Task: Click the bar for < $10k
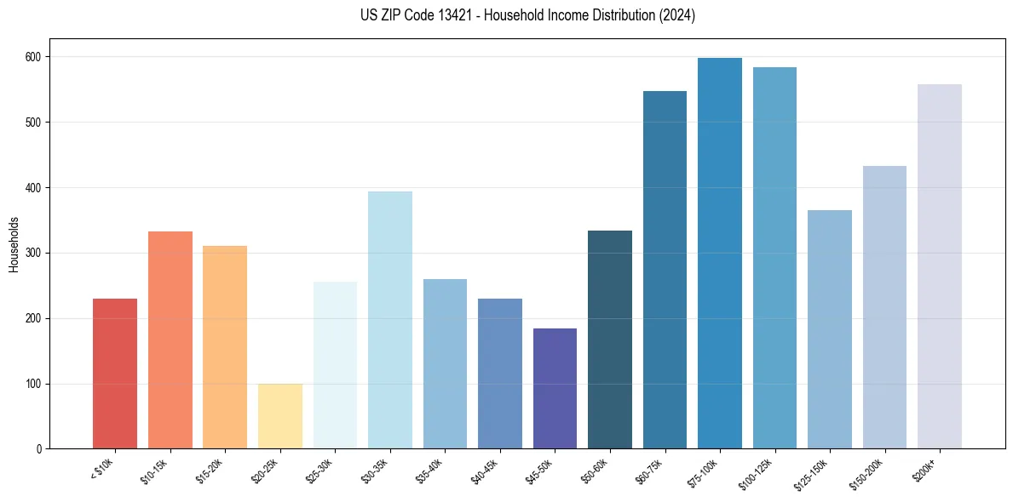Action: [x=115, y=374]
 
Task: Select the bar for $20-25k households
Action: [x=280, y=416]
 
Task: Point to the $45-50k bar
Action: [x=555, y=388]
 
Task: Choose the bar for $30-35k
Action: [x=390, y=320]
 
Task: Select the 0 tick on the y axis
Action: [x=39, y=449]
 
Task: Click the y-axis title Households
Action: [x=14, y=244]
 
